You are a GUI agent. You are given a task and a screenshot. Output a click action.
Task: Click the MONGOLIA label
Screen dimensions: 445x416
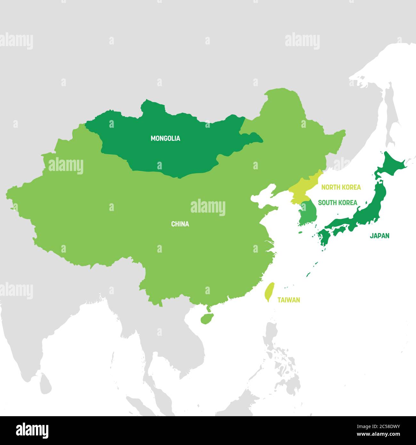point(165,139)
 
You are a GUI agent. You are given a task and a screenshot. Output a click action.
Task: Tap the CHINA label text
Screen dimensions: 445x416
point(180,224)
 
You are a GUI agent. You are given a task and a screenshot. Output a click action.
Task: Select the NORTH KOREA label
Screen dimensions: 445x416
point(341,187)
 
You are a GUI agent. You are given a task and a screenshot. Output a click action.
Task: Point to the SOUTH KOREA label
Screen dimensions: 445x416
point(338,202)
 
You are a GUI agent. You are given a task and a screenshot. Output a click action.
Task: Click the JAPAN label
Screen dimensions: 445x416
point(380,236)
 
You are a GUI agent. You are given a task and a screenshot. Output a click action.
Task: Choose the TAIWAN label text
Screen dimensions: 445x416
point(289,300)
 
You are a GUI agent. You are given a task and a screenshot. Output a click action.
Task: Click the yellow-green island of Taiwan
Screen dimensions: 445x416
point(270,291)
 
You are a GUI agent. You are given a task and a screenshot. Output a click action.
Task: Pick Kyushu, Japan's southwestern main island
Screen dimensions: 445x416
point(324,239)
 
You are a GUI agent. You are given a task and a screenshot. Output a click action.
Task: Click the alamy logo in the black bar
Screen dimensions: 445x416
point(32,430)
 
